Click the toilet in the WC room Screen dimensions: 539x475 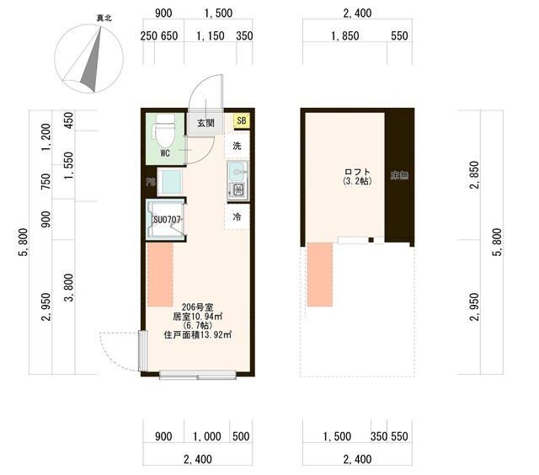(x=165, y=131)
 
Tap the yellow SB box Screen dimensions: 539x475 (x=242, y=120)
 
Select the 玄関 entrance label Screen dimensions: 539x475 (x=205, y=123)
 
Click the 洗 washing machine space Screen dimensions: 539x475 (x=237, y=146)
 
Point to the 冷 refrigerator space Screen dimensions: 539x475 (x=237, y=217)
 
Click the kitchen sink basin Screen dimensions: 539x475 (x=237, y=170)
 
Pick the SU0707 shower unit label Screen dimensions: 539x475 (x=167, y=220)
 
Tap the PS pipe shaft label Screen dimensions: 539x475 (x=151, y=182)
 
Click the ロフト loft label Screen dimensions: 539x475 (x=357, y=172)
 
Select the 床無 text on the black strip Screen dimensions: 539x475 (x=399, y=176)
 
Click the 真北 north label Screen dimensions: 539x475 (x=104, y=18)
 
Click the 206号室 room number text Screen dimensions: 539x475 (x=198, y=307)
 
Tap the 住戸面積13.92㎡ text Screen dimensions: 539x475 (x=198, y=334)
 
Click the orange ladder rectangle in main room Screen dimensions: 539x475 (x=160, y=275)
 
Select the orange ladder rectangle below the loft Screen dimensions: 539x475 (x=320, y=275)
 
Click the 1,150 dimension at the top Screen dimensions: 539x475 (x=211, y=35)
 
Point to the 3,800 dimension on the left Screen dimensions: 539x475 (x=69, y=288)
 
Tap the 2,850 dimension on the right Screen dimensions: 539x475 (x=475, y=175)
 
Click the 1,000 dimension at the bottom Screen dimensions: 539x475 (x=207, y=436)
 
